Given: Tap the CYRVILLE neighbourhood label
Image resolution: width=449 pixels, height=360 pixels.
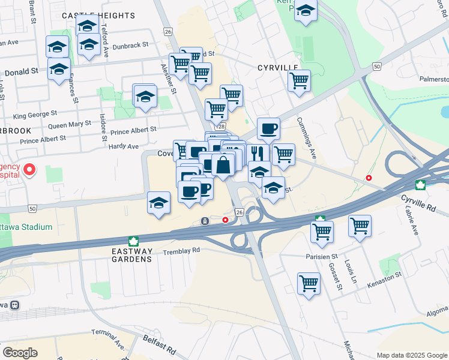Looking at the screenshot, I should pos(278,68).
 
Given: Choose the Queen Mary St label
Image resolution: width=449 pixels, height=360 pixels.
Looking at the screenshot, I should pos(70,125).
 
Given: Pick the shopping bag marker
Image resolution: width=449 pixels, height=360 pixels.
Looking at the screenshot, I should pos(223,165).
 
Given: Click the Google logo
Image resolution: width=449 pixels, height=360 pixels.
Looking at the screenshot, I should pos(20,353).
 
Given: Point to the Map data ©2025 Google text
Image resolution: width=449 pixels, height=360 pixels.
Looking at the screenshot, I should pos(412,355).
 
